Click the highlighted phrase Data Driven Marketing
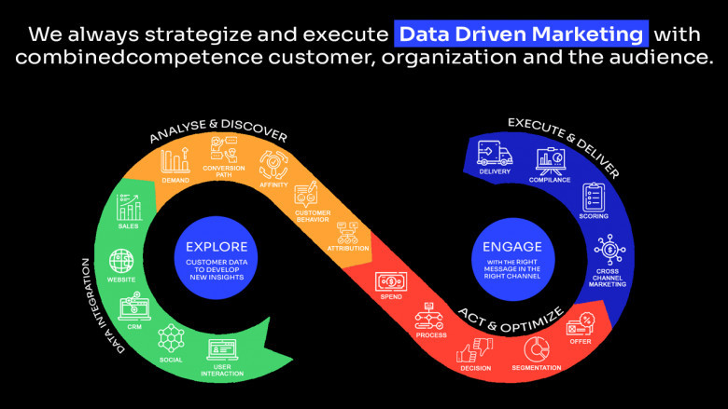coord(521,34)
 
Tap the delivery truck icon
coord(495,153)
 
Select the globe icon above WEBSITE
coord(121,261)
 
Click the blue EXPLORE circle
coord(216,257)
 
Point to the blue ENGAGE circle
coord(512,259)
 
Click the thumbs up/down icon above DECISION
coord(474,350)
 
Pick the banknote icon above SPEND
coord(391,281)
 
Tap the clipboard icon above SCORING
coord(594,197)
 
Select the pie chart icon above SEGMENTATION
coord(537,348)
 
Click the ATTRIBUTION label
coord(348,248)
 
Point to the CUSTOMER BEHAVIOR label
coord(313,216)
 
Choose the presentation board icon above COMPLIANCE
coord(550,161)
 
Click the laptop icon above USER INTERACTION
coord(222,350)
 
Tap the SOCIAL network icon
coord(171,338)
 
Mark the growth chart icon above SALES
coord(129,208)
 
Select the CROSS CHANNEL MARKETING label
coord(608,278)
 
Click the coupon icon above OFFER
coord(581,324)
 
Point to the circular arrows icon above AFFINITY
coord(273,165)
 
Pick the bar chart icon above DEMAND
coord(175,161)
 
